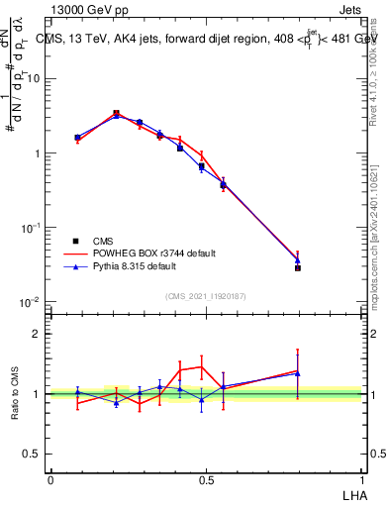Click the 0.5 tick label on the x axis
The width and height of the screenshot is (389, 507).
click(206, 478)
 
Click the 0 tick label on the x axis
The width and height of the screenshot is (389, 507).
click(50, 478)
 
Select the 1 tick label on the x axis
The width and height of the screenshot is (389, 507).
click(362, 478)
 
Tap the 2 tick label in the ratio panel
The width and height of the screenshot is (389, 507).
click(37, 334)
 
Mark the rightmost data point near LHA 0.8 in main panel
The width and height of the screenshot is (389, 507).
click(297, 267)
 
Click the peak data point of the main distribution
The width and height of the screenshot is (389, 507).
click(117, 114)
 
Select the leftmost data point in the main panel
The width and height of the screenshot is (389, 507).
click(77, 138)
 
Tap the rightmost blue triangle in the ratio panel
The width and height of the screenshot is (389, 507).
click(297, 373)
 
